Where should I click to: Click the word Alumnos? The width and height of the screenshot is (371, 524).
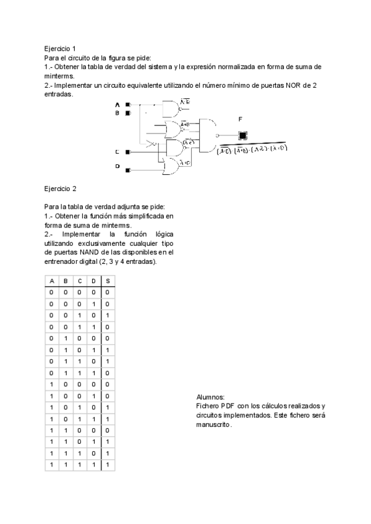210,397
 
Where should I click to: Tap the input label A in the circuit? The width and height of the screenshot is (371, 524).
117,105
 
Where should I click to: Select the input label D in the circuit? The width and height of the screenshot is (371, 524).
117,166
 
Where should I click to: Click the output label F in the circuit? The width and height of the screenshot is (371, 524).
240,119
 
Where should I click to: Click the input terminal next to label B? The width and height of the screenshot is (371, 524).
128,113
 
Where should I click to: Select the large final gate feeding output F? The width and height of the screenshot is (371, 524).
208,135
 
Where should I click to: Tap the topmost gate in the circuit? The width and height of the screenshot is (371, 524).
169,109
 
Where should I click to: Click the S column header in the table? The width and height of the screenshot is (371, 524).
108,281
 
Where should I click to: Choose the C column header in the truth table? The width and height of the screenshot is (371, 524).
80,281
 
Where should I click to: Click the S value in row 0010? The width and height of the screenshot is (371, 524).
108,315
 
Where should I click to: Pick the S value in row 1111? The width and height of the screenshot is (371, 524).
108,464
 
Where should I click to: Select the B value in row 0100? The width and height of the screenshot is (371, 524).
66,338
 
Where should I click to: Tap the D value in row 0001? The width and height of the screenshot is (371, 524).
93,304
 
